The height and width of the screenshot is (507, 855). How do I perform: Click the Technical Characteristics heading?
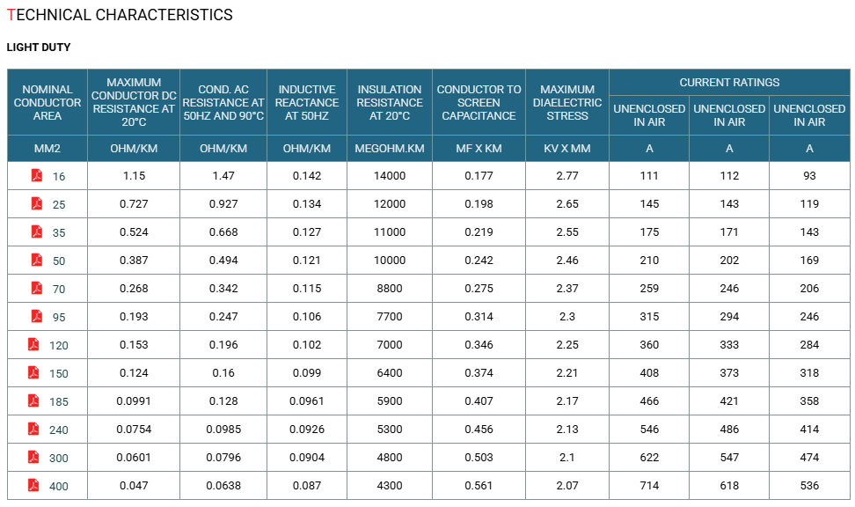(120, 15)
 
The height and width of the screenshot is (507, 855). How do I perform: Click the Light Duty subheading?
(38, 48)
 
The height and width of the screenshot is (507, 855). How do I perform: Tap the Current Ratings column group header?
(729, 83)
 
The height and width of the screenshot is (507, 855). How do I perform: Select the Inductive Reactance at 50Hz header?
(307, 103)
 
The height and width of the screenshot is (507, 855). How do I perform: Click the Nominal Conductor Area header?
(47, 103)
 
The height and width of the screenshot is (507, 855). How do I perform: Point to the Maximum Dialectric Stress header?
(567, 103)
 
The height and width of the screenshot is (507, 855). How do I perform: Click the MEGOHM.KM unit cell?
(390, 149)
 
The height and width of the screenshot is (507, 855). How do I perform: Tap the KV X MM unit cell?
(567, 149)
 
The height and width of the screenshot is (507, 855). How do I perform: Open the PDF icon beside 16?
(37, 175)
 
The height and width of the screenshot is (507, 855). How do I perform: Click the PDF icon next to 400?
(33, 485)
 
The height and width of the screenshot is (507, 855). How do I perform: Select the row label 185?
(59, 402)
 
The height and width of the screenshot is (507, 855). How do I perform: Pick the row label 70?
(59, 290)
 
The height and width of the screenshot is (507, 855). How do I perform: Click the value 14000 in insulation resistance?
(390, 176)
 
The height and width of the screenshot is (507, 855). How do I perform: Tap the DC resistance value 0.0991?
(134, 401)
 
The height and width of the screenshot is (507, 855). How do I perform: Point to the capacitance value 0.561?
(479, 486)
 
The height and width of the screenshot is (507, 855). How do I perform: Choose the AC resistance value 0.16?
(223, 372)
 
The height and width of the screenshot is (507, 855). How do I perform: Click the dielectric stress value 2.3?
(567, 317)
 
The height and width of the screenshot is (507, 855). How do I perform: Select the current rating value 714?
(649, 486)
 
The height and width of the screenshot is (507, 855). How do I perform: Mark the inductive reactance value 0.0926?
(307, 430)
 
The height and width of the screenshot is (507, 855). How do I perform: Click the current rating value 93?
(809, 176)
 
